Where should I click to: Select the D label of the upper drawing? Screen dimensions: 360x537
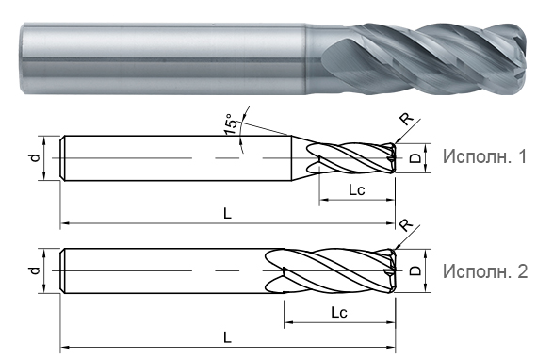pos(415,158)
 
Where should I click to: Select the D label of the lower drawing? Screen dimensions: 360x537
pos(415,271)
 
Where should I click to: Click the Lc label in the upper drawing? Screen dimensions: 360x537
pos(357,189)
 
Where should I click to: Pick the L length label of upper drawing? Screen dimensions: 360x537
pos(227,213)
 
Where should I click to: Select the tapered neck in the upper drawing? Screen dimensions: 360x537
pos(303,158)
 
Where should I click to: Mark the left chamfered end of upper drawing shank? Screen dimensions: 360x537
pos(64,158)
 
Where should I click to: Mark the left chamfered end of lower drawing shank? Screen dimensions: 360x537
pos(64,270)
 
